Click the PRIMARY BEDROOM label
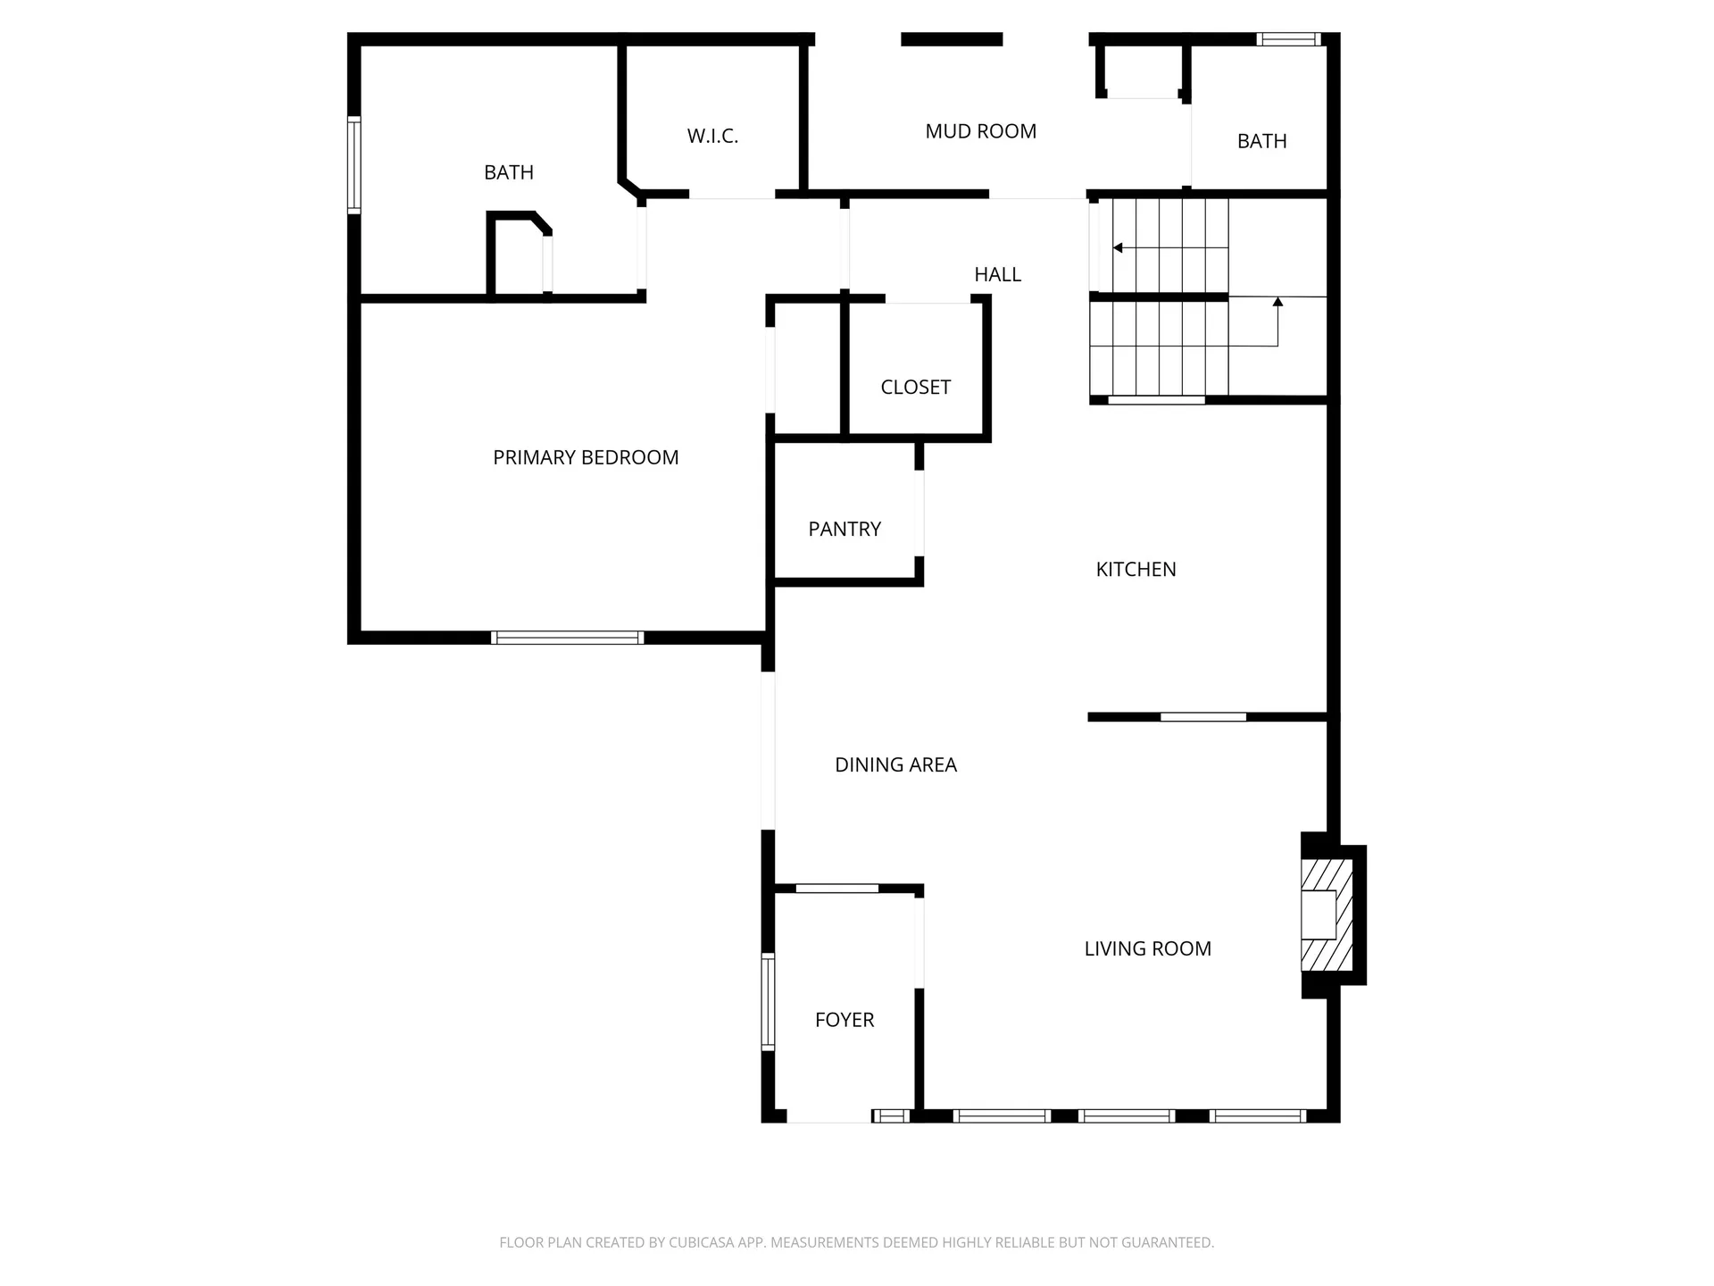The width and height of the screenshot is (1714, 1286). [586, 457]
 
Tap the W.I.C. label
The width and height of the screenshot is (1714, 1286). [712, 136]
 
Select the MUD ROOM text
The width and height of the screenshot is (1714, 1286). [980, 131]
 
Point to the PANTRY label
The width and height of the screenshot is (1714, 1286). [845, 529]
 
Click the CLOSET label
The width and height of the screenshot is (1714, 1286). [915, 387]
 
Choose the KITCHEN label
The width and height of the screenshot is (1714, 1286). [1136, 569]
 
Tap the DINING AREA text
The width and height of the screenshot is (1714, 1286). [895, 764]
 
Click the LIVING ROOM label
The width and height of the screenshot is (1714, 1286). [1147, 948]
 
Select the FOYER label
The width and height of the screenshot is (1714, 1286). [844, 1019]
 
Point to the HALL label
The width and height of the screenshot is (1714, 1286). [997, 274]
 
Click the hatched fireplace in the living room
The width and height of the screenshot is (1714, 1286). [1327, 915]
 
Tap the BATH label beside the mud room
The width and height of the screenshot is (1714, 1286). [1261, 141]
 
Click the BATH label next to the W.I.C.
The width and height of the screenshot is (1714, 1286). [509, 172]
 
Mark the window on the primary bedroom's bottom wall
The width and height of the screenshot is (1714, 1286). [568, 638]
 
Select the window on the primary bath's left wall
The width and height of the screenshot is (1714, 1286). [354, 165]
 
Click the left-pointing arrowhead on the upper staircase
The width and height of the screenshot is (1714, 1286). [1118, 247]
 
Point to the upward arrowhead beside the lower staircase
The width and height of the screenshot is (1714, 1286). [1277, 303]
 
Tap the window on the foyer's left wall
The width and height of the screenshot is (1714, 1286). [768, 1001]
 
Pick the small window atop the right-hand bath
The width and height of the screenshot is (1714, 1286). [1288, 39]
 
